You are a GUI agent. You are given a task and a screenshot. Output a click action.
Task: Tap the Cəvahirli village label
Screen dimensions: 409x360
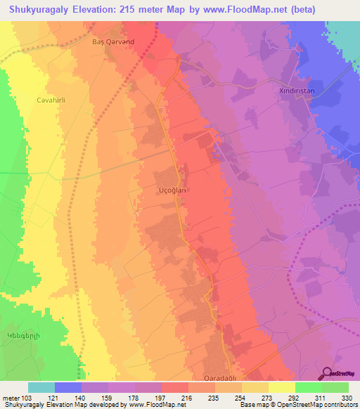point(51,100)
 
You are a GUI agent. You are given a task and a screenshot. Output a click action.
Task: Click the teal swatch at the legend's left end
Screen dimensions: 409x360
point(41,387)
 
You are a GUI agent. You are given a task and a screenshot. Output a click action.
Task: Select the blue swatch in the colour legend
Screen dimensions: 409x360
point(68,387)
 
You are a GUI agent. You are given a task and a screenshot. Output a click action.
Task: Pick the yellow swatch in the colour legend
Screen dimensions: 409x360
point(282,387)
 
